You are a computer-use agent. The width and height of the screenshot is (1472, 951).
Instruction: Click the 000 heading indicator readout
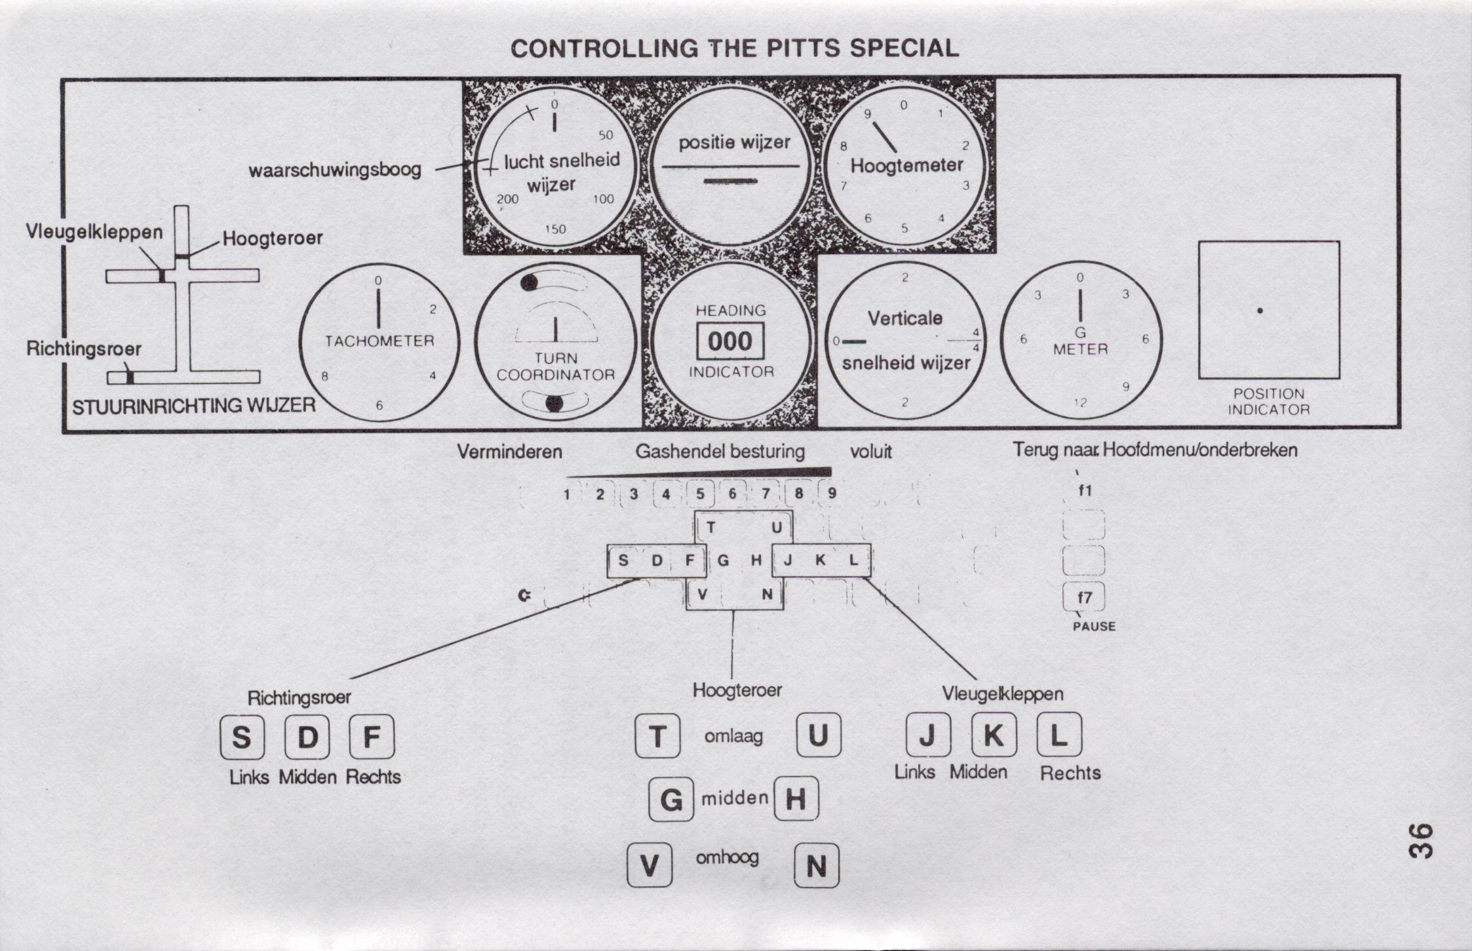click(x=730, y=341)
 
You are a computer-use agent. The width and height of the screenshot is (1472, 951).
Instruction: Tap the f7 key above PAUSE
click(x=1085, y=597)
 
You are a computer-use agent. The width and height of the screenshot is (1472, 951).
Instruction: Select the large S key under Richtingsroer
click(x=242, y=737)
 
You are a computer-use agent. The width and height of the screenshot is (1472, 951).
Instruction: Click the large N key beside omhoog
click(x=817, y=866)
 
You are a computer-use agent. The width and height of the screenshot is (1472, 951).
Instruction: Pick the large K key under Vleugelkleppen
click(x=994, y=735)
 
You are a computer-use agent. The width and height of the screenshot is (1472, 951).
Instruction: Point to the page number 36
click(x=1421, y=840)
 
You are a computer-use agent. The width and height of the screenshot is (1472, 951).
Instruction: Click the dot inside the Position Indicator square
click(x=1260, y=311)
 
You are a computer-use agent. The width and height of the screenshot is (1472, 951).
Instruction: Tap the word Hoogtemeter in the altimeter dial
click(x=907, y=165)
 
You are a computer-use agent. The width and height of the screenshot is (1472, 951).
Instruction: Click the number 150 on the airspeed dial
click(x=555, y=229)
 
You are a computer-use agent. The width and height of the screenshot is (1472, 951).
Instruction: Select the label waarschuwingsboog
click(x=335, y=170)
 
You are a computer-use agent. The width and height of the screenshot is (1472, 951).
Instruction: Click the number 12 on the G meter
click(x=1080, y=402)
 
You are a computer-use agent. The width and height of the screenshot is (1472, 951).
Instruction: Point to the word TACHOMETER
click(x=379, y=341)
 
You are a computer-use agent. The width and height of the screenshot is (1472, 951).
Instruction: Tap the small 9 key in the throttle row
click(x=832, y=494)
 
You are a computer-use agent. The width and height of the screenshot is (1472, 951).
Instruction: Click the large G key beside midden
click(x=671, y=800)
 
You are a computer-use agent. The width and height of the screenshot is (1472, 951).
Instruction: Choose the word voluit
click(x=870, y=452)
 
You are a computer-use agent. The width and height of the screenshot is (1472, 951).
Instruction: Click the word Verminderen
click(x=509, y=452)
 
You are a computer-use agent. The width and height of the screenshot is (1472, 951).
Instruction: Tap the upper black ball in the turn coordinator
click(x=529, y=282)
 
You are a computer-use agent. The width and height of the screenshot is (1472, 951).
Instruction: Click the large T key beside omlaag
click(x=657, y=736)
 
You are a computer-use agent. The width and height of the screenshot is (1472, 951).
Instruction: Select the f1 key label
click(x=1085, y=490)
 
